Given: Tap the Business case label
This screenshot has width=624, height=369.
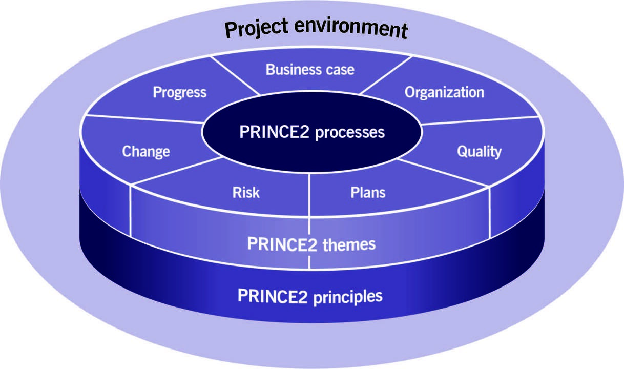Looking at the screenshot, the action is [310, 70].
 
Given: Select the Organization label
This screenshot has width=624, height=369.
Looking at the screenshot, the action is [444, 93].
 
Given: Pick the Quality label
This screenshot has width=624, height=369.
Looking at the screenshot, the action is [479, 152].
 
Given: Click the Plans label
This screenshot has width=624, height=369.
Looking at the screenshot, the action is [368, 193].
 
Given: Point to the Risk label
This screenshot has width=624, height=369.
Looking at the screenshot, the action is [246, 193].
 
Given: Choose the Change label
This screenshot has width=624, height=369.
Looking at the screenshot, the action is [146, 152].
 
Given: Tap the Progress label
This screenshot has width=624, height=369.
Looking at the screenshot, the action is [180, 93].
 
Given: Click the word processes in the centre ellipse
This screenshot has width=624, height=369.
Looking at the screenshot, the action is [350, 133].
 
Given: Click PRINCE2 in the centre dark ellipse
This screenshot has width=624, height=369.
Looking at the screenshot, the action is [275, 132].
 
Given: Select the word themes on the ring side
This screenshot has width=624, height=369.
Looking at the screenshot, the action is [349, 244].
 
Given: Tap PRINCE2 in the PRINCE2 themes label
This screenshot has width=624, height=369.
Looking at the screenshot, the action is [282, 244].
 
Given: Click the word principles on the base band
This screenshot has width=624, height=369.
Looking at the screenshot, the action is [348, 297].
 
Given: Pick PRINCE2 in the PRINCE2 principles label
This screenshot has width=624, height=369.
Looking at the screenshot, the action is [273, 296].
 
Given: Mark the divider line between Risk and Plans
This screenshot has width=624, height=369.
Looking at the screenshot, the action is [309, 195].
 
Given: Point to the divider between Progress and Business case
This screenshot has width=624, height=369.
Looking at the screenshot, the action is [235, 75].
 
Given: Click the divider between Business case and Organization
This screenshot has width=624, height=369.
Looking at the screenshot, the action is [385, 75].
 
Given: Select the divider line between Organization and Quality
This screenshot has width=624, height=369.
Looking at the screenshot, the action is [480, 120].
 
